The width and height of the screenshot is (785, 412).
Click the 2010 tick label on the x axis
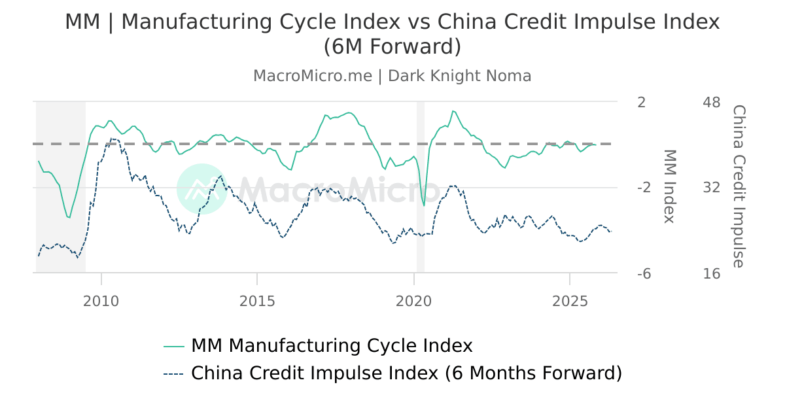click(x=101, y=301)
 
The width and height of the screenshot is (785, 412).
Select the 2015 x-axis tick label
click(x=257, y=301)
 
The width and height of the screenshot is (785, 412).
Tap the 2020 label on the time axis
click(x=413, y=301)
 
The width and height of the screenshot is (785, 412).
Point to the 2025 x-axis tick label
click(x=570, y=301)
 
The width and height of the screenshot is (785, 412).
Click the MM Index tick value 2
click(x=641, y=103)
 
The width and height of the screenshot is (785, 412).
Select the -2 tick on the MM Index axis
click(x=644, y=188)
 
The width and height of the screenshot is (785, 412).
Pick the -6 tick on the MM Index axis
click(x=644, y=273)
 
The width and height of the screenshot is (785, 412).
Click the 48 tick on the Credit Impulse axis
click(x=711, y=103)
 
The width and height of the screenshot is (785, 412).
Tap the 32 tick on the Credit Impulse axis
click(x=711, y=188)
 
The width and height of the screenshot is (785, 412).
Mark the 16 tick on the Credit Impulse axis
click(x=711, y=273)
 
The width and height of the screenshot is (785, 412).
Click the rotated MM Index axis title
click(x=669, y=186)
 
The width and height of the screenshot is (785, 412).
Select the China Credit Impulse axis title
click(x=738, y=186)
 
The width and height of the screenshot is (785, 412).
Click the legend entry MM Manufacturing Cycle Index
click(x=331, y=345)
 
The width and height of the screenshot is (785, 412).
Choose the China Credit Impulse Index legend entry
click(x=406, y=373)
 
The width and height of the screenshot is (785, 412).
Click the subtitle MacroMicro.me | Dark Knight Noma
click(x=392, y=76)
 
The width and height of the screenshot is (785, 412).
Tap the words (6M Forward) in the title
click(x=392, y=47)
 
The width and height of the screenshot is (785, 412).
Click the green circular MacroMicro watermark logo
click(x=201, y=189)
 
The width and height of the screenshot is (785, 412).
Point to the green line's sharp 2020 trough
click(x=424, y=206)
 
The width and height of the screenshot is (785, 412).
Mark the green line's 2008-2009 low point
click(x=69, y=217)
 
